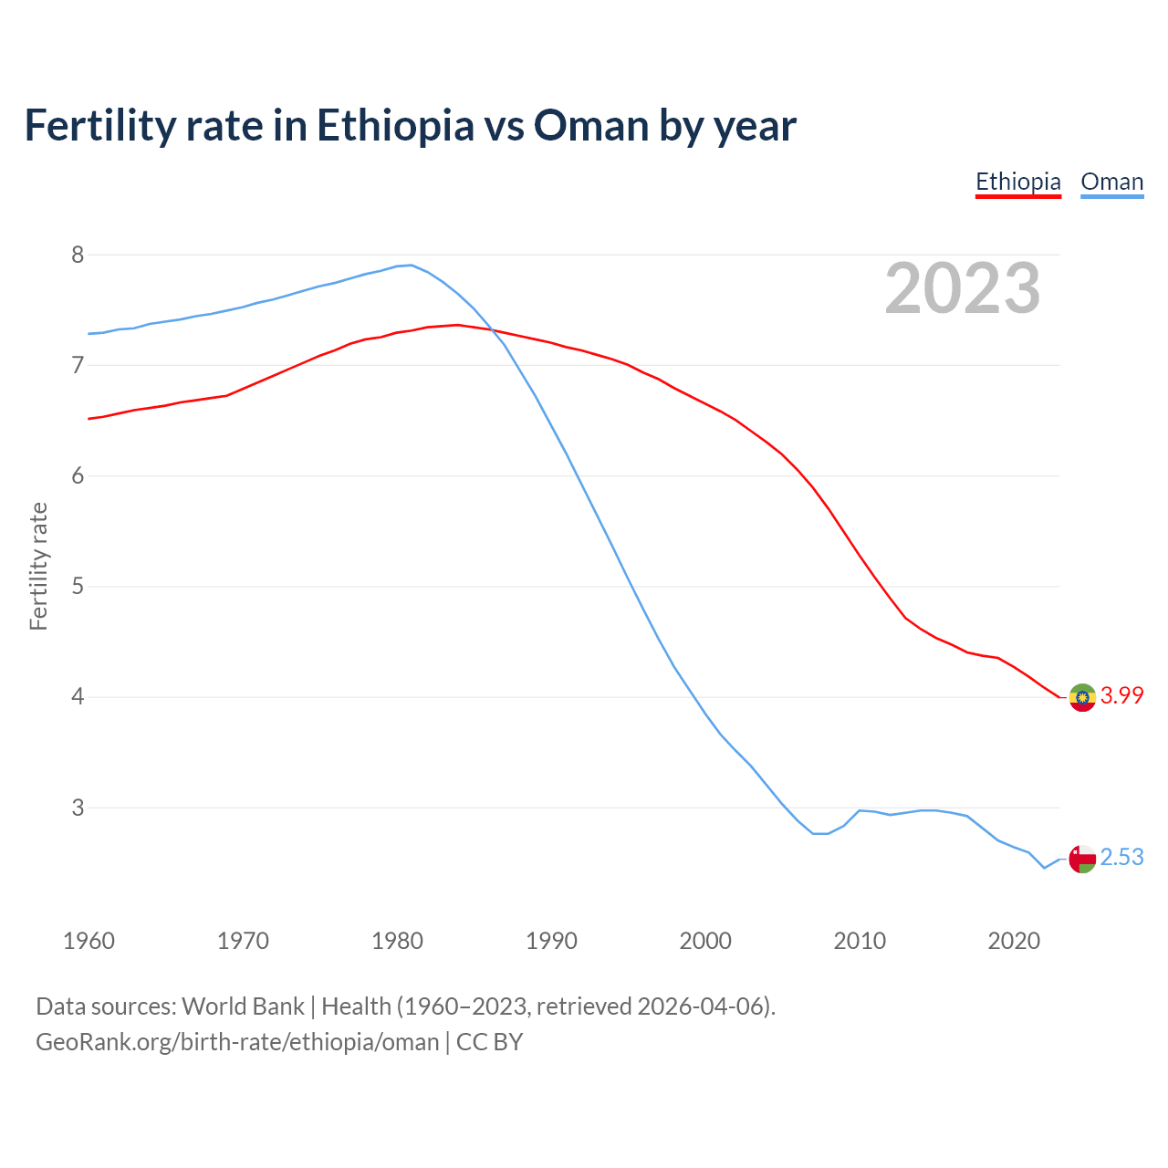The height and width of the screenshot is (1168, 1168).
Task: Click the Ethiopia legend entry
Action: click(1018, 182)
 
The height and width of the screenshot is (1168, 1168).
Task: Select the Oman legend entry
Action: click(1111, 182)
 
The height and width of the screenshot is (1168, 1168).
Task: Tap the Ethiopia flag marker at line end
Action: click(1082, 697)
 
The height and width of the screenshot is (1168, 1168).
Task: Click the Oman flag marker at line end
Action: click(1082, 859)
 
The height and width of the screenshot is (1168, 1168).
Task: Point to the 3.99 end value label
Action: click(1122, 695)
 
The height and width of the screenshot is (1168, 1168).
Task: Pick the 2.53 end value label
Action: click(1122, 858)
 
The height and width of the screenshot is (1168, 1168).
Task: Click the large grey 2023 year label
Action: click(963, 288)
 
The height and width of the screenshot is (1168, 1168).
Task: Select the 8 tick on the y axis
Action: click(78, 255)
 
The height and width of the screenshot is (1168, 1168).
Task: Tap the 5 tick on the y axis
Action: click(78, 586)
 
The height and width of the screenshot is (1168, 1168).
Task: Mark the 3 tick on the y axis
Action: click(78, 808)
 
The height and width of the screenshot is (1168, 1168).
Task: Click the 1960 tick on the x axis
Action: click(89, 941)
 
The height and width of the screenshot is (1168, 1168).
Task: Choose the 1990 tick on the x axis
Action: click(551, 941)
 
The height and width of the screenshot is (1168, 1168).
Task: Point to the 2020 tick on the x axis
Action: click(1014, 941)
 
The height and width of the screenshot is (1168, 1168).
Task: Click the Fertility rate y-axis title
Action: click(38, 566)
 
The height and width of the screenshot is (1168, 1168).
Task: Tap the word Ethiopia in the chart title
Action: click(395, 125)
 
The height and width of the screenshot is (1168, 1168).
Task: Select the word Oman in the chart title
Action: click(591, 125)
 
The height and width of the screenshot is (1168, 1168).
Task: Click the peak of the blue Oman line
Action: click(411, 265)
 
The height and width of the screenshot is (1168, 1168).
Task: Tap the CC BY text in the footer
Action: click(489, 1042)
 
